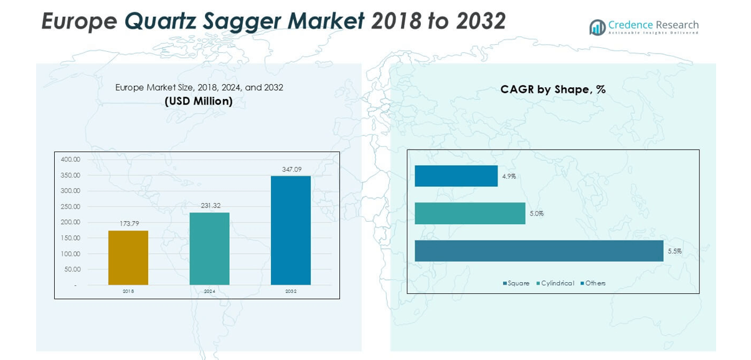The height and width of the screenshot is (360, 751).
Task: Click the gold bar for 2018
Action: [x=128, y=258]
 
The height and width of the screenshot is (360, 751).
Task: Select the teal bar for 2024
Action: [x=209, y=249]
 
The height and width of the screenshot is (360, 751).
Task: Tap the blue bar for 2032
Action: [x=290, y=230]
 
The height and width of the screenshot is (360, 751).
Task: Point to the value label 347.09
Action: [x=291, y=169]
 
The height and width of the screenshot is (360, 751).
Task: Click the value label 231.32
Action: [x=209, y=206]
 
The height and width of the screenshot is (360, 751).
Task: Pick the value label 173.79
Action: [x=129, y=224]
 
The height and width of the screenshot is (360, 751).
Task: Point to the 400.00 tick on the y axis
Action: [x=70, y=159]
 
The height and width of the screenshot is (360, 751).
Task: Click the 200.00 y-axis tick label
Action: [x=70, y=222]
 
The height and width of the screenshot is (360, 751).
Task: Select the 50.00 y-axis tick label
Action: [x=72, y=269]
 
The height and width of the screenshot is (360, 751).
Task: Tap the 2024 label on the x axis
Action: [x=209, y=291]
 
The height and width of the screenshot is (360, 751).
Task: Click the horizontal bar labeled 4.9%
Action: [x=456, y=176]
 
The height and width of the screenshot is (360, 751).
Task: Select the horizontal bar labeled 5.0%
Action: [x=470, y=214]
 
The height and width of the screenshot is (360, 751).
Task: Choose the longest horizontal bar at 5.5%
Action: [x=539, y=251]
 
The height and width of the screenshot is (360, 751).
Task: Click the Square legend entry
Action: [x=517, y=283]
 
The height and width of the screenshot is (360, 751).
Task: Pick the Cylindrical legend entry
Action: [x=557, y=283]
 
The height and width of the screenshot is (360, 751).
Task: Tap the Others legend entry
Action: [x=595, y=283]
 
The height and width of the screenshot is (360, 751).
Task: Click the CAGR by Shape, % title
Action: [x=553, y=90]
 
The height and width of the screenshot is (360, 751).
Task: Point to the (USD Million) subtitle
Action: [x=199, y=101]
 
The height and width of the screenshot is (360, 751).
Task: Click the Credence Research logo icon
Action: [x=597, y=27]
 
